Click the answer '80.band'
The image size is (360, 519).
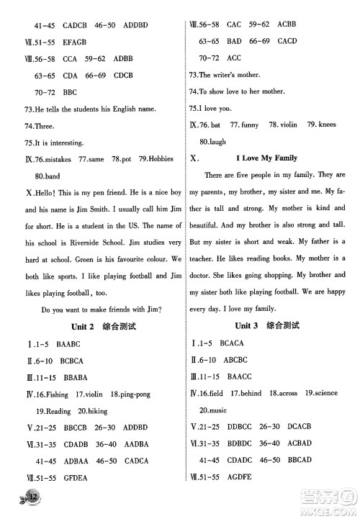click(x=48, y=176)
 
